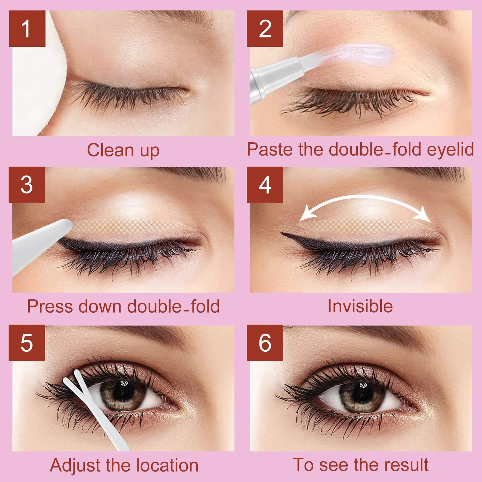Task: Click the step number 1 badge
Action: coord(27,29)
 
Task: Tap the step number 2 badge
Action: coord(265,29)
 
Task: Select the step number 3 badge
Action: coord(27,185)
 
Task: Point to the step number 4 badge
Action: coord(265,185)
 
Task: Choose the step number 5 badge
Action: coord(27,343)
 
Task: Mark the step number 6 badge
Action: coord(265,343)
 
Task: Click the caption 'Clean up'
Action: coord(123,150)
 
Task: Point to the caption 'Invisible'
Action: coord(360,306)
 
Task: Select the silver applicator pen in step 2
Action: coord(283,75)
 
